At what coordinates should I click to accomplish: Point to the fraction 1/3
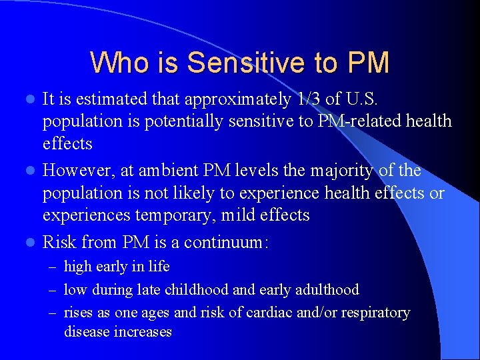(311, 99)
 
